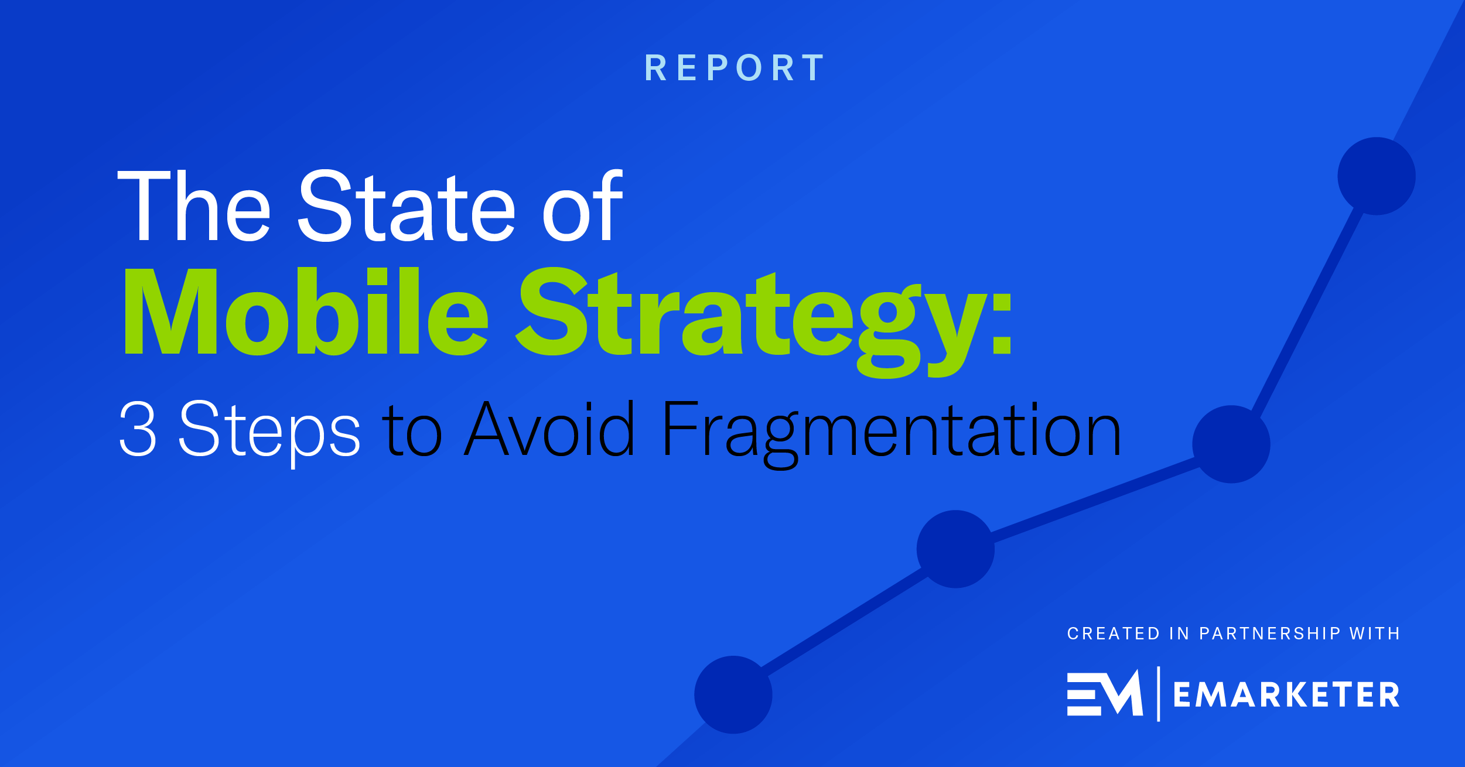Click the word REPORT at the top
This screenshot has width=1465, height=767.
[735, 68]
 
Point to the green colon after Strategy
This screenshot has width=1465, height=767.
[1002, 324]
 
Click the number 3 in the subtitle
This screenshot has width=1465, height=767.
[138, 428]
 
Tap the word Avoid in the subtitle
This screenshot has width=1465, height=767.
[549, 428]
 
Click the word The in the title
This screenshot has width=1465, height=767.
[194, 206]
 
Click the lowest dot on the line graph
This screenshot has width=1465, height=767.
[733, 694]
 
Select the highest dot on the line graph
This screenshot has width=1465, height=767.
[1377, 176]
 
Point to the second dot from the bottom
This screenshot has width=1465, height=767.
[955, 549]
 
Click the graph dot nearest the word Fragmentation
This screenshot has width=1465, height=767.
[1231, 444]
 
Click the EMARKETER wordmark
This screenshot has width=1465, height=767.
[1286, 695]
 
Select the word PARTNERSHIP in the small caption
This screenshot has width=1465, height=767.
[1270, 634]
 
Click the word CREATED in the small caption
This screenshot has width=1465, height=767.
[1113, 634]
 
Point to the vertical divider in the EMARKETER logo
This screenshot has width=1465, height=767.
[1159, 694]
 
